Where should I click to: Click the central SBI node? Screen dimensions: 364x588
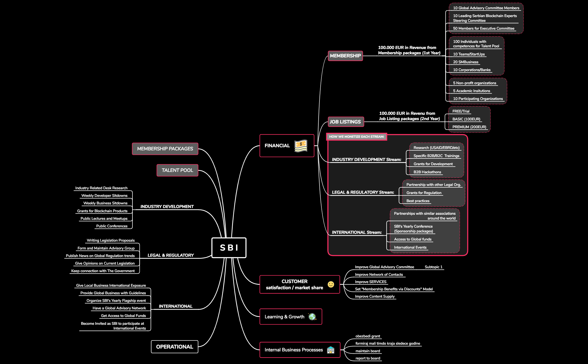click(x=229, y=248)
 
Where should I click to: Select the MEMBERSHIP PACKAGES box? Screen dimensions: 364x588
click(x=165, y=149)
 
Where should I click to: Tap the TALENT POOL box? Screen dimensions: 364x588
click(x=177, y=170)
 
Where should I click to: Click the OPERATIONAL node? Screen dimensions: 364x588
click(x=174, y=347)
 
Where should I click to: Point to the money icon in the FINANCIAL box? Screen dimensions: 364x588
click(x=301, y=146)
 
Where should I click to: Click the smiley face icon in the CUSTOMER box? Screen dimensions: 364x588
click(x=331, y=284)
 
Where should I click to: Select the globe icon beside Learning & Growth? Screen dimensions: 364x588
click(x=312, y=317)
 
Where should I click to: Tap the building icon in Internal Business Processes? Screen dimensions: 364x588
click(x=331, y=350)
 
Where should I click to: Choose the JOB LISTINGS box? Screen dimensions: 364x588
click(x=345, y=122)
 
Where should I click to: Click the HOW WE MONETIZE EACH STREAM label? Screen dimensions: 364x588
click(x=356, y=137)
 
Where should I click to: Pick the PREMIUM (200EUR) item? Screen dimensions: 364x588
click(x=469, y=127)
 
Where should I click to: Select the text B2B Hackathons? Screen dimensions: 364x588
click(x=427, y=172)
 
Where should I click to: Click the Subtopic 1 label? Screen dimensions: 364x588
click(x=433, y=267)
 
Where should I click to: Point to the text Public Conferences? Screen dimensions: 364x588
click(x=112, y=226)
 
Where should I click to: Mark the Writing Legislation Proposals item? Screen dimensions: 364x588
click(x=111, y=240)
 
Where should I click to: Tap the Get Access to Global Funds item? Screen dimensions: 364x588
click(x=123, y=316)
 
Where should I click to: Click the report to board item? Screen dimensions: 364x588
click(x=368, y=358)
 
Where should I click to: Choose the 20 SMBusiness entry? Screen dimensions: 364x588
click(x=466, y=62)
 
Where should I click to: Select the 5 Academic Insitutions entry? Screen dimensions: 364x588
click(x=472, y=91)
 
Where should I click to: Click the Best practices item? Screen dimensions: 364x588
click(x=418, y=201)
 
